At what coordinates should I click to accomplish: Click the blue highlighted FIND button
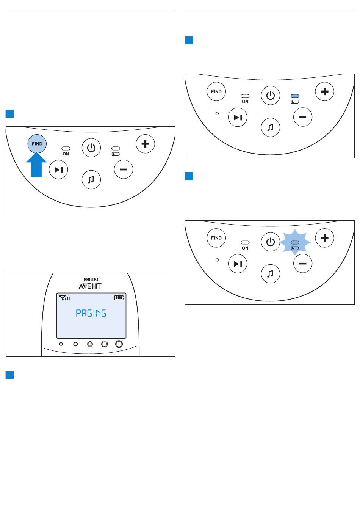pyautogui.click(x=37, y=144)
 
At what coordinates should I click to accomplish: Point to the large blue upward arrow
pyautogui.click(x=36, y=165)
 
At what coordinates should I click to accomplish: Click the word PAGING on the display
pyautogui.click(x=91, y=313)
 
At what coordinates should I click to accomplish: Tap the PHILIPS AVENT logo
pyautogui.click(x=91, y=284)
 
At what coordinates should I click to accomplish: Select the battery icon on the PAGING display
pyautogui.click(x=119, y=298)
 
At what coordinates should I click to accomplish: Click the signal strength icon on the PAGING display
pyautogui.click(x=64, y=298)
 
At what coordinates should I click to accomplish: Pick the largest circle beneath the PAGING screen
pyautogui.click(x=119, y=344)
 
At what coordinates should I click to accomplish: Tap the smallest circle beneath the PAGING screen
pyautogui.click(x=61, y=344)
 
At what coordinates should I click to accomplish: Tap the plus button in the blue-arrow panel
pyautogui.click(x=145, y=144)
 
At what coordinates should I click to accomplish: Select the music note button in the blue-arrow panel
pyautogui.click(x=91, y=180)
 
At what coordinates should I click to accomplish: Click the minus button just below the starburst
pyautogui.click(x=303, y=264)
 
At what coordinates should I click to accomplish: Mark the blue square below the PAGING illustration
pyautogui.click(x=10, y=375)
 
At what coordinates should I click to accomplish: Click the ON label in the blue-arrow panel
pyautogui.click(x=66, y=154)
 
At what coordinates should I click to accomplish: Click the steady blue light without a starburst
pyautogui.click(x=295, y=96)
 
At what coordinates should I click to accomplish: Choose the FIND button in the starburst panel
pyautogui.click(x=216, y=238)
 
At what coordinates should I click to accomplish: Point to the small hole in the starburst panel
pyautogui.click(x=217, y=260)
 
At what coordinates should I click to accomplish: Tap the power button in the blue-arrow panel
pyautogui.click(x=91, y=148)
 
